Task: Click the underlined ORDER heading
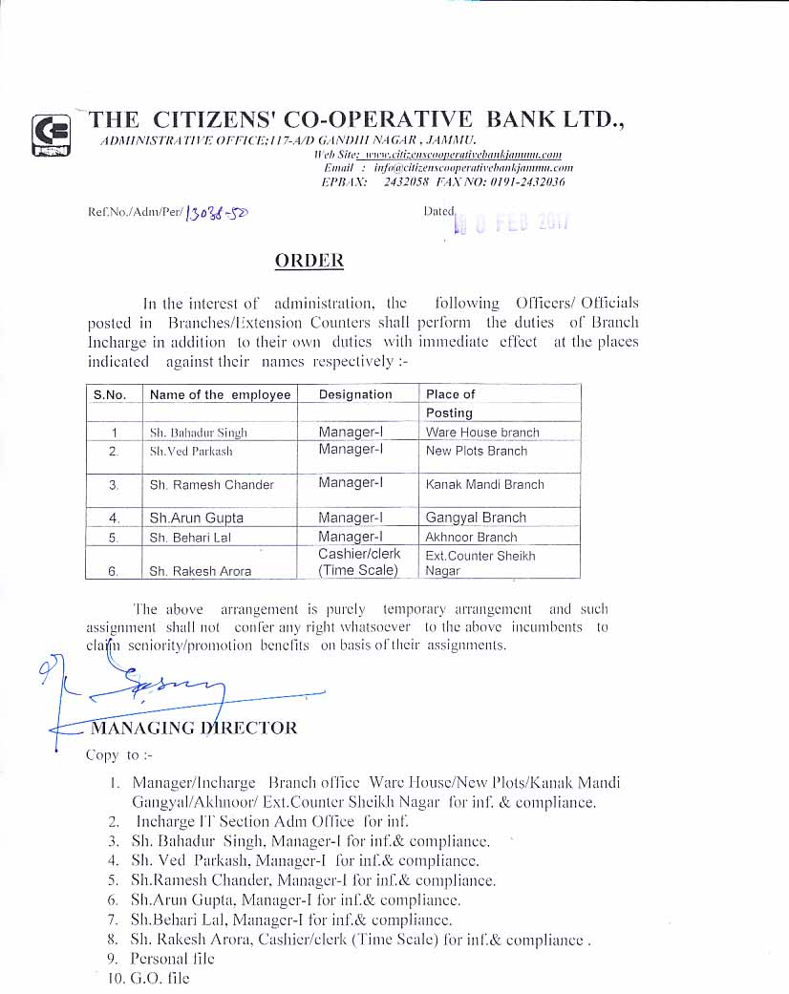(x=309, y=260)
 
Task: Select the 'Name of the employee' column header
(x=220, y=394)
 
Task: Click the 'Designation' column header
(x=355, y=394)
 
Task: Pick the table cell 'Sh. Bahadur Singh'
(x=198, y=433)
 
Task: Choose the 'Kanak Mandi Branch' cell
(x=484, y=484)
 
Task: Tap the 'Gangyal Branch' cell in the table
(x=476, y=518)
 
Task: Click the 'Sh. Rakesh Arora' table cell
(x=201, y=571)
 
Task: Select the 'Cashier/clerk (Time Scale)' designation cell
(x=359, y=562)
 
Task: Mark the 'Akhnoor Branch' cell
(x=471, y=537)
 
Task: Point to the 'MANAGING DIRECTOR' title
(x=193, y=728)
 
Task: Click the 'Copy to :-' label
(x=113, y=755)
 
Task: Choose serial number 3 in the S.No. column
(x=114, y=485)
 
